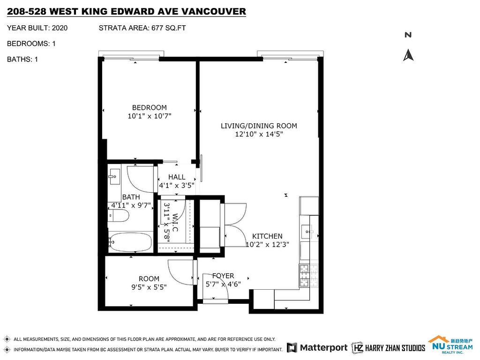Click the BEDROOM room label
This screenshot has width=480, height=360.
click(149, 108)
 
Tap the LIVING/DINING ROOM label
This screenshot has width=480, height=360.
click(259, 126)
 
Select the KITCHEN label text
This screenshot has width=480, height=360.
click(267, 236)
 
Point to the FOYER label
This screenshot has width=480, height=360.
click(223, 276)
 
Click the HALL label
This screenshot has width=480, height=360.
click(177, 177)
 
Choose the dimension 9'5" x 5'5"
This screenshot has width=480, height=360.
click(149, 287)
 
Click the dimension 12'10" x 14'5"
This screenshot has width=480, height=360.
click(259, 135)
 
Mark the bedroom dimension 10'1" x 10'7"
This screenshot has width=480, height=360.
click(149, 116)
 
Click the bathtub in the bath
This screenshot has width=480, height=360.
click(130, 242)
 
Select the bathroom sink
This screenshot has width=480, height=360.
click(113, 177)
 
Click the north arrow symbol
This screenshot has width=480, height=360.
click(408, 55)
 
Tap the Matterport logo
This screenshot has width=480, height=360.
click(317, 347)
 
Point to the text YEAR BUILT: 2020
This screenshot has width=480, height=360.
click(37, 28)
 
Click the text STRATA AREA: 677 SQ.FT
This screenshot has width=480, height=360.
click(142, 28)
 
